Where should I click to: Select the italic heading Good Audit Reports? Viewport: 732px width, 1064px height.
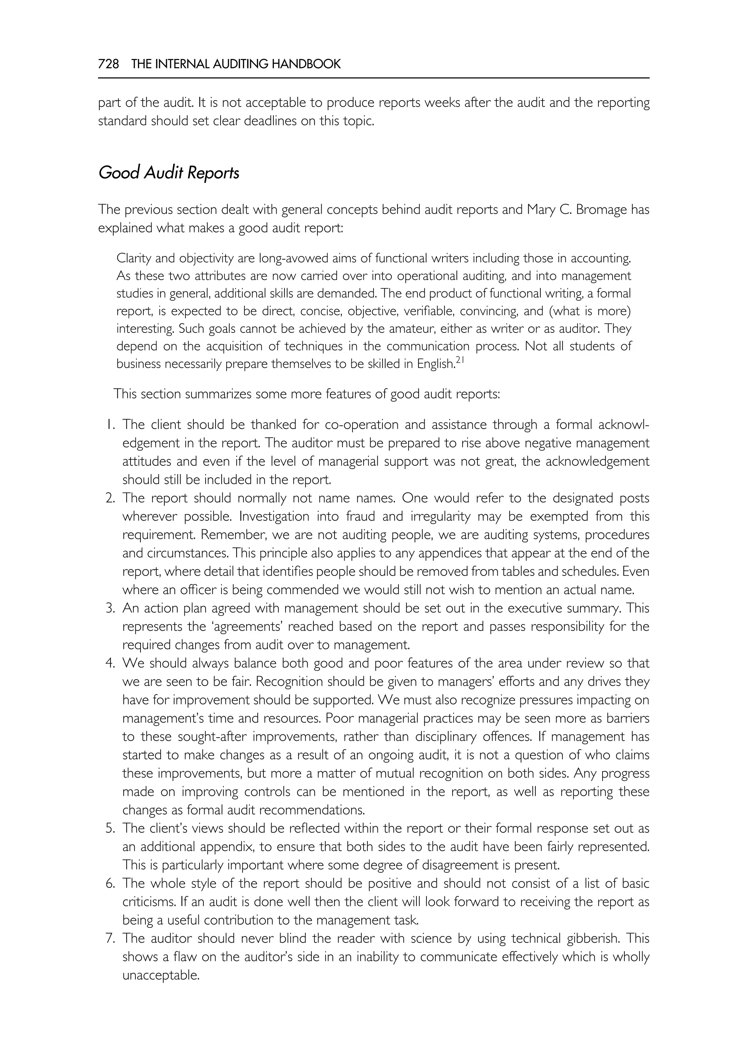click(169, 173)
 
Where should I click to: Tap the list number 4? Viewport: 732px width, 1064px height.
click(110, 664)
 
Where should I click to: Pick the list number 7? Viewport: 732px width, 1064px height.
click(110, 939)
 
